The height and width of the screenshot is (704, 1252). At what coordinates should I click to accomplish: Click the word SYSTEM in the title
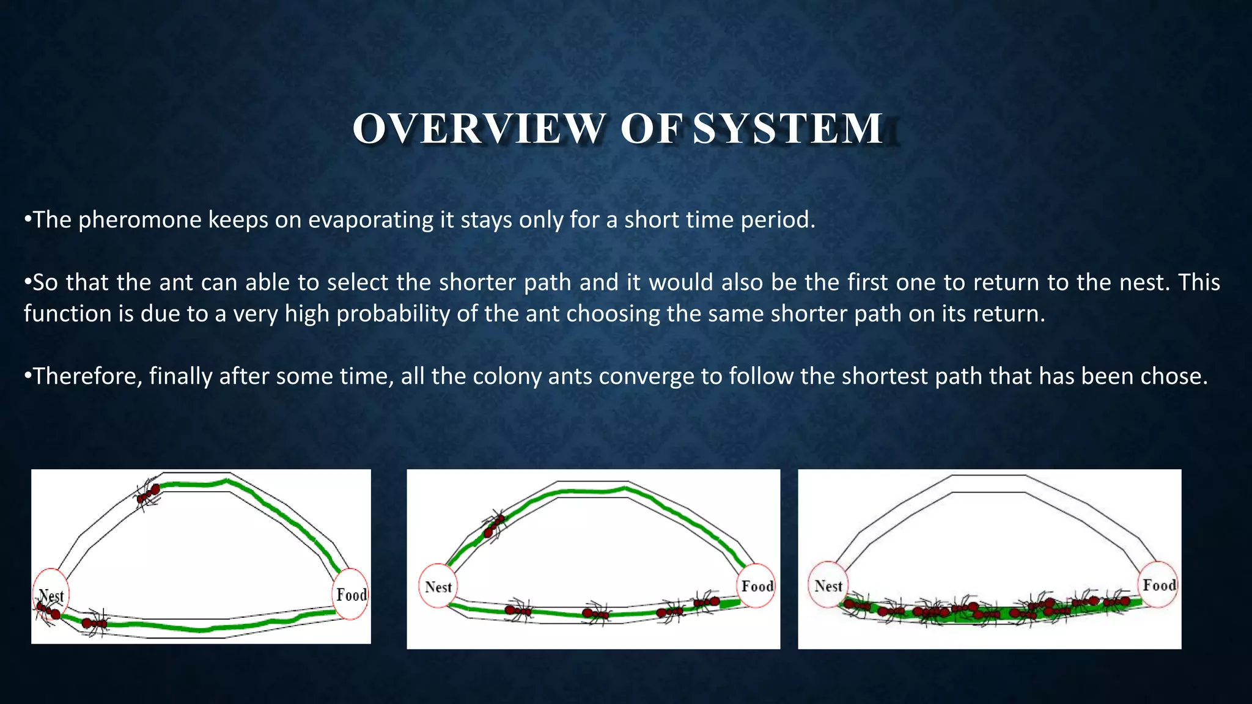click(x=788, y=129)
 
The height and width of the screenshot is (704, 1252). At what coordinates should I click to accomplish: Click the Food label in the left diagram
click(x=352, y=595)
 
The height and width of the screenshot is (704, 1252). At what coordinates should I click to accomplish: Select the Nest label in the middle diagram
click(x=438, y=587)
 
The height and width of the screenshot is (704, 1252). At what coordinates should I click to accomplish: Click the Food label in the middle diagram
click(x=757, y=586)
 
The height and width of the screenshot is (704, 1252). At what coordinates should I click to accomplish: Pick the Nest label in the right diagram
click(x=828, y=586)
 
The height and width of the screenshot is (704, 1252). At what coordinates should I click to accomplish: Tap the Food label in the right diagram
click(x=1159, y=585)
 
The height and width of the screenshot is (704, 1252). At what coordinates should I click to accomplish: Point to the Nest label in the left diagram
click(x=51, y=596)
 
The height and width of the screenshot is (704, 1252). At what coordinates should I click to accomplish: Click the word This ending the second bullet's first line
click(x=1199, y=282)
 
